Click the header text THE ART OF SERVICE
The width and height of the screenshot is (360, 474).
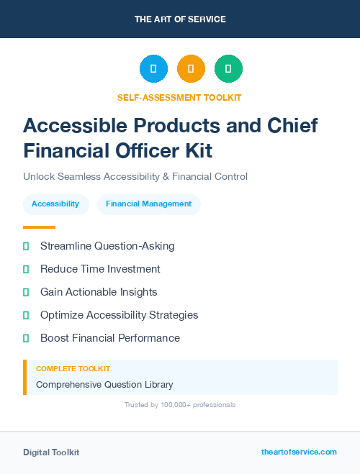[x=180, y=19]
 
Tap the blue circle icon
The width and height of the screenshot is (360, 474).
[x=153, y=69]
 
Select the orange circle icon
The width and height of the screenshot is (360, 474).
[x=191, y=69]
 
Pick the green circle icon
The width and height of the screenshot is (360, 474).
[x=228, y=69]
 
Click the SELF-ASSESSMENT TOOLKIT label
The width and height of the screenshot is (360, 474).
[x=180, y=97]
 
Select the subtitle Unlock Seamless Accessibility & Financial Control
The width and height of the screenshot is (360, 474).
[x=135, y=176]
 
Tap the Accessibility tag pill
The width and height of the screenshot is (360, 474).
[x=55, y=204]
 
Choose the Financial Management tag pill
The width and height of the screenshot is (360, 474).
[x=148, y=204]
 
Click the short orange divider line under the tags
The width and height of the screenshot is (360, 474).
[x=35, y=227]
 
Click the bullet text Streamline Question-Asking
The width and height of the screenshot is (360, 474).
[x=107, y=246]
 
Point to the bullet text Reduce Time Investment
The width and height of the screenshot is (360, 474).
[x=100, y=269]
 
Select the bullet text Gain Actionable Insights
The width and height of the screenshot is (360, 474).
[x=99, y=292]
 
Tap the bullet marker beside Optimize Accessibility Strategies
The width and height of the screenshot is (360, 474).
[x=26, y=315]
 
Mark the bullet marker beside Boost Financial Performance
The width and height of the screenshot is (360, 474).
[x=26, y=338]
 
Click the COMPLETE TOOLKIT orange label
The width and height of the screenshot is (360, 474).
[x=73, y=369]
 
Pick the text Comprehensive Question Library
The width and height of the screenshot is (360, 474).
[x=104, y=384]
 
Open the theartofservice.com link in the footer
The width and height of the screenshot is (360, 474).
[x=299, y=452]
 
